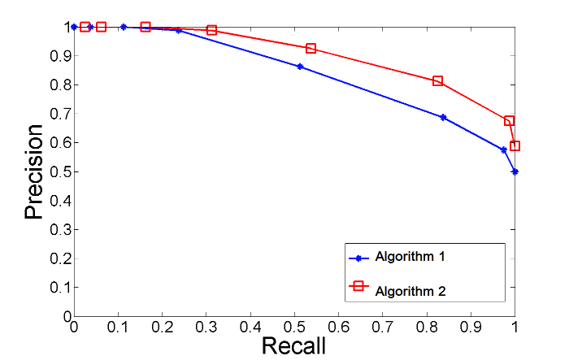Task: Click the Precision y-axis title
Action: point(33,171)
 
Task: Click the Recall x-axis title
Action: point(293,345)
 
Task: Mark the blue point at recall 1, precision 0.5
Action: point(515,171)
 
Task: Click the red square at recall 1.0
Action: point(515,146)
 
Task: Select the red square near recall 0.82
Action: point(437,81)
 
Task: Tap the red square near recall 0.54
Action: point(311,49)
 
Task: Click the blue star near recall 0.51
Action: point(299,67)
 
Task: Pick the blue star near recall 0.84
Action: point(443,117)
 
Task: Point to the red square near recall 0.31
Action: point(211,30)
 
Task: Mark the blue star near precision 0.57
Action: point(504,150)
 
